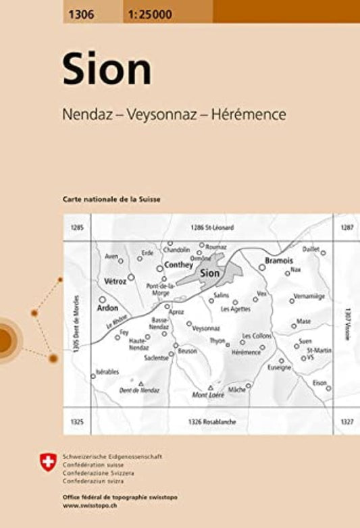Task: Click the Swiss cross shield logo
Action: pyautogui.click(x=47, y=463)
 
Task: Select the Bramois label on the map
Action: pyautogui.click(x=279, y=260)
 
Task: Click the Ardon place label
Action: pyautogui.click(x=107, y=307)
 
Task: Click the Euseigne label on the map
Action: pyautogui.click(x=280, y=367)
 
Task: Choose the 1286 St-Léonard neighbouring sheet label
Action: pyautogui.click(x=211, y=228)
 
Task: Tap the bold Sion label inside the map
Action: pyautogui.click(x=210, y=273)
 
